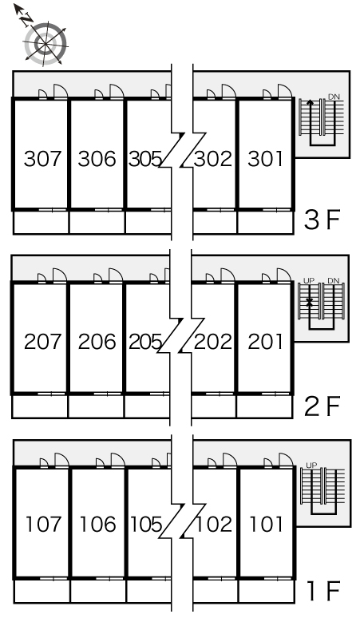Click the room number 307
tap(42, 159)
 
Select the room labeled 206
tap(97, 342)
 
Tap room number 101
tap(267, 525)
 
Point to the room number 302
tap(213, 159)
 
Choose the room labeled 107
tap(43, 525)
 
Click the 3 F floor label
tap(322, 220)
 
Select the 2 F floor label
tap(322, 406)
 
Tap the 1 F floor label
tap(324, 590)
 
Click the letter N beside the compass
tap(26, 19)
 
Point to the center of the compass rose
tap(44, 43)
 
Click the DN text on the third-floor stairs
tap(334, 97)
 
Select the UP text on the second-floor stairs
tap(309, 280)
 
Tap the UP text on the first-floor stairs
tap(311, 465)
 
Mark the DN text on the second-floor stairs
tap(333, 280)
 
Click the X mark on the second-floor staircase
tap(310, 303)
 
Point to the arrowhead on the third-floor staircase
tap(311, 102)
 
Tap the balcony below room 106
tap(98, 591)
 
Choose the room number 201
tap(266, 342)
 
